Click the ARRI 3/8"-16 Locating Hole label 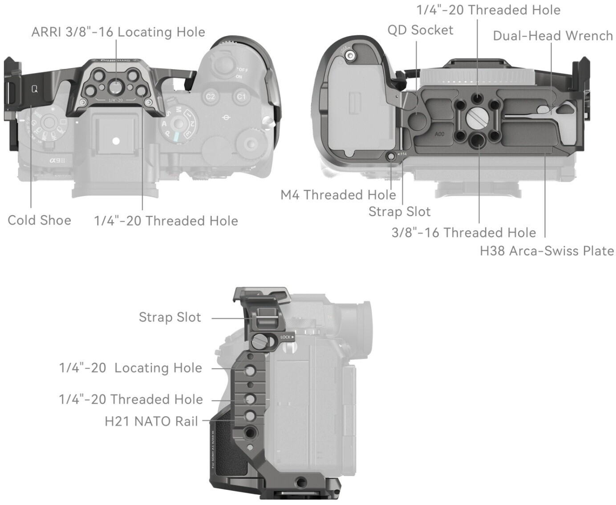[x=118, y=32]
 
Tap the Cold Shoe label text [x=39, y=220]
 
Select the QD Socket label [x=420, y=30]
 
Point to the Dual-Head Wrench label [x=552, y=36]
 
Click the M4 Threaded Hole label [x=338, y=195]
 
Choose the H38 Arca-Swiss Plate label [x=547, y=251]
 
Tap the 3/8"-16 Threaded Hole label [x=463, y=232]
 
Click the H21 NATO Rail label [x=151, y=421]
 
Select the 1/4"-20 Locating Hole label [x=130, y=368]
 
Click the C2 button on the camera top [x=210, y=96]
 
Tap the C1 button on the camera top [x=241, y=96]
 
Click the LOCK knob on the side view [x=259, y=342]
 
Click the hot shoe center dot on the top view [x=116, y=141]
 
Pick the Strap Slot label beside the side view [x=170, y=317]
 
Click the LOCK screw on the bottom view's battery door [x=351, y=55]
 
